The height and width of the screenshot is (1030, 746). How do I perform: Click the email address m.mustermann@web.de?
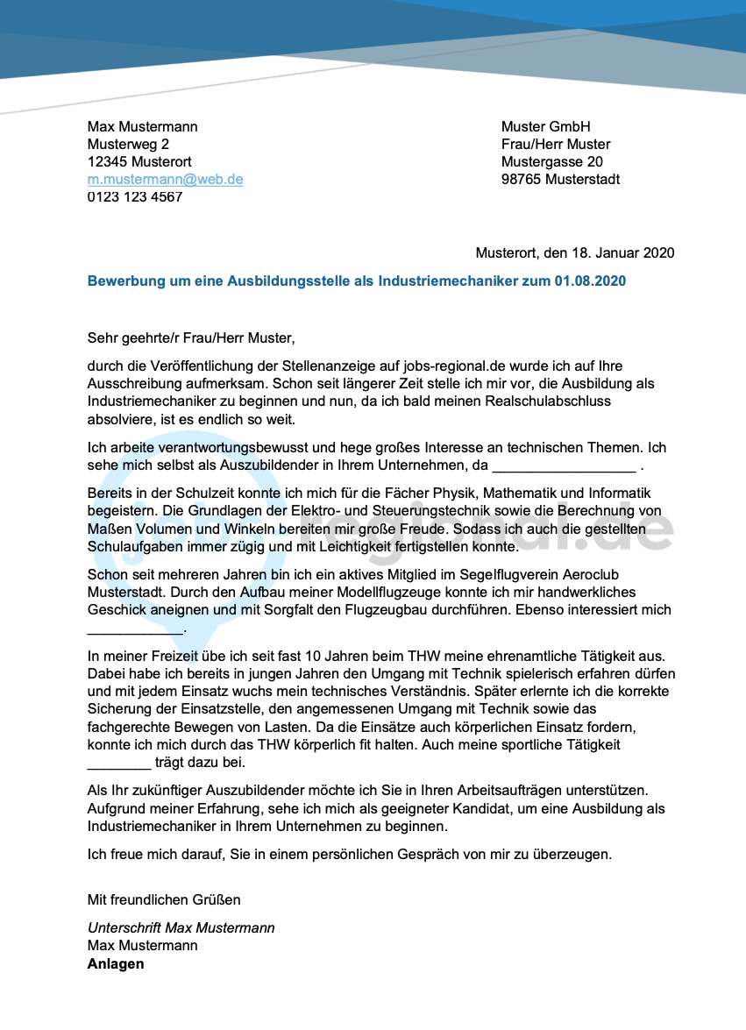165,180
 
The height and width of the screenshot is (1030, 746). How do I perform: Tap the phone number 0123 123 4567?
135,197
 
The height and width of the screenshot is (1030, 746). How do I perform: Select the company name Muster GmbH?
545,127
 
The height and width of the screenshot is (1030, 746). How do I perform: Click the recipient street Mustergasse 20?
551,162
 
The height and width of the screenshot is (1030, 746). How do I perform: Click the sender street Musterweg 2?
128,145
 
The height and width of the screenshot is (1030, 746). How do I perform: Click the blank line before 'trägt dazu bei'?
119,764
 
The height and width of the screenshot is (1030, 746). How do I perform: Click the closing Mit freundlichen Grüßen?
164,900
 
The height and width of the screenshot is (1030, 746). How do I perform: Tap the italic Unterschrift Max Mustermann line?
181,928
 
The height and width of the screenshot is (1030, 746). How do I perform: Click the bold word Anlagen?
116,964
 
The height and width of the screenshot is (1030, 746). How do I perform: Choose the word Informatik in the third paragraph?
619,494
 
